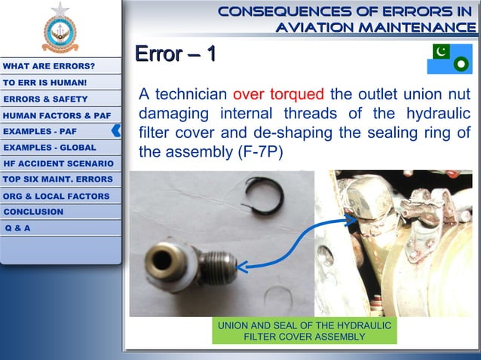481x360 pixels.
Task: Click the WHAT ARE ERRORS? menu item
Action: pos(48,66)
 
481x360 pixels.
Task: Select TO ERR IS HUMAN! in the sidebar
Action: pos(44,82)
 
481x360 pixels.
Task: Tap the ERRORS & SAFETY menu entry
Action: pos(45,99)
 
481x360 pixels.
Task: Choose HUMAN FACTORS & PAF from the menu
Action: pos(57,115)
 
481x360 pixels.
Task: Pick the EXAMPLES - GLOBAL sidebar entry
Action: pos(49,148)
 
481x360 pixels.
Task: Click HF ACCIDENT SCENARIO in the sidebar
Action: pos(58,163)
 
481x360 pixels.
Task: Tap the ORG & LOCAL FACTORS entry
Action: pos(56,196)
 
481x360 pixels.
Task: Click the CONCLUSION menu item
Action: pos(33,212)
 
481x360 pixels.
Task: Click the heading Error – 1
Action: pos(175,54)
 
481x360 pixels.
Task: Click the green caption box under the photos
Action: pos(304,331)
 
